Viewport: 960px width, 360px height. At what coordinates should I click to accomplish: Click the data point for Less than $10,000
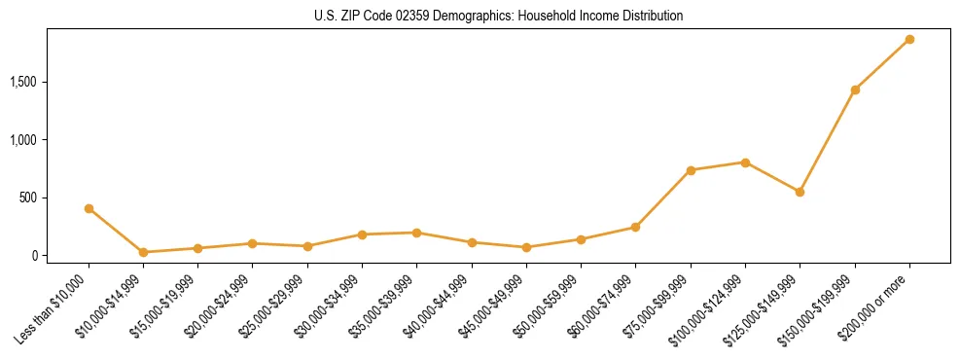pos(89,208)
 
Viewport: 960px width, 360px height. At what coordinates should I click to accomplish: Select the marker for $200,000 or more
pos(909,39)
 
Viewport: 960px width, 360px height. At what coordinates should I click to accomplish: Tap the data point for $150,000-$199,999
pos(855,90)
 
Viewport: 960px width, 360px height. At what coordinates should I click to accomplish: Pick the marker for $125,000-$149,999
pos(800,192)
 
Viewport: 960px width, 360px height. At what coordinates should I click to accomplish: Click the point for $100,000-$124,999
pos(745,162)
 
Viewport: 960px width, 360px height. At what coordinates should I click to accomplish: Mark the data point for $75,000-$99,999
pos(691,170)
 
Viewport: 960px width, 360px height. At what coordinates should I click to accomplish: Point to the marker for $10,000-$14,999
pos(143,252)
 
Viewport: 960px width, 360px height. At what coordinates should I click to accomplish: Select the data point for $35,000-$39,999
pos(416,233)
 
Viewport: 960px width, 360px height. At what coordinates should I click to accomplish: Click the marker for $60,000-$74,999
pos(635,227)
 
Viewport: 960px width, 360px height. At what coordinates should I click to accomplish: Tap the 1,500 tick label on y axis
pos(23,82)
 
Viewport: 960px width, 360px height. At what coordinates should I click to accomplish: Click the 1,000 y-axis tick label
pos(23,140)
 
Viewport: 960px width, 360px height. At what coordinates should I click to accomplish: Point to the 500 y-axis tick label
pos(28,198)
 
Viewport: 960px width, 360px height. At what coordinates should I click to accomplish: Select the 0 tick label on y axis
pos(33,256)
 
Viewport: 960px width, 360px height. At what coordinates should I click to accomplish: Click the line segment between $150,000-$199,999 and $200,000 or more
pos(882,64)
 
